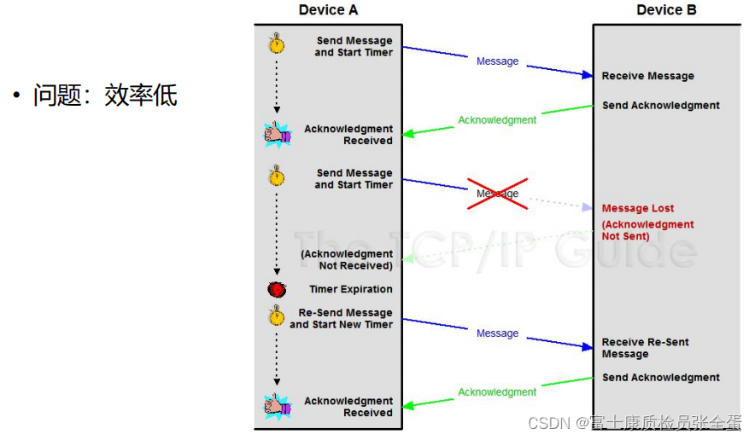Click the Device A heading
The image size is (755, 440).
328,10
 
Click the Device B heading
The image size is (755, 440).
666,10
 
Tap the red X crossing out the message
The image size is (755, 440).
498,194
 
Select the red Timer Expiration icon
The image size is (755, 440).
277,289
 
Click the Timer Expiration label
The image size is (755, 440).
351,289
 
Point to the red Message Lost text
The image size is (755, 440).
638,208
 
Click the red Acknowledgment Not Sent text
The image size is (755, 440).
648,230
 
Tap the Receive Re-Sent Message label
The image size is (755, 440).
645,348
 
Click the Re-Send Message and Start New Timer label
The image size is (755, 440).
342,319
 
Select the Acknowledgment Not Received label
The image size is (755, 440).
346,259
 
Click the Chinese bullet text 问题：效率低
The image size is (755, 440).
105,95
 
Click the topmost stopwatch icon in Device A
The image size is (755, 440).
277,43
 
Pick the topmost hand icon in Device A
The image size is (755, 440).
278,134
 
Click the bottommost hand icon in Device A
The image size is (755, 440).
278,406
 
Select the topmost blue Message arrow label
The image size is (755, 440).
498,61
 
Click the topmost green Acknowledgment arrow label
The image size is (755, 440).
497,120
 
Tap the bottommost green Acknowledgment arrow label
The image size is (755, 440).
497,392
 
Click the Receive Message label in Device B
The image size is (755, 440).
648,76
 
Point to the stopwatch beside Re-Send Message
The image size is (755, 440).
277,316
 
